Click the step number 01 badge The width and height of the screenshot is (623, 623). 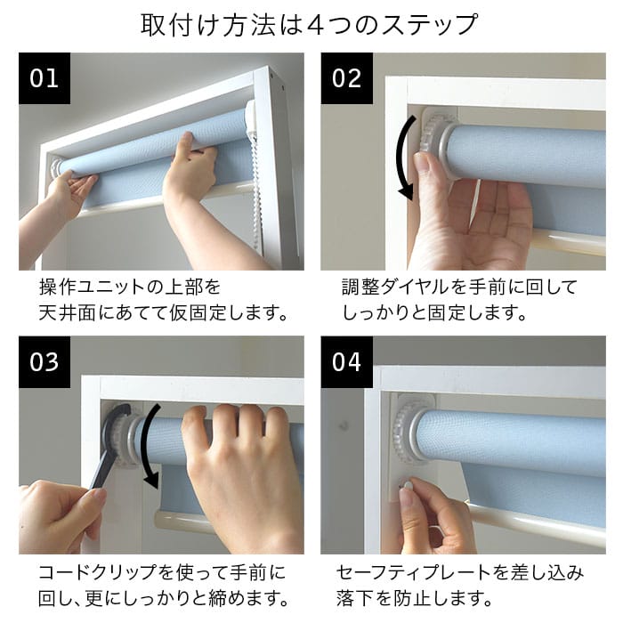44,78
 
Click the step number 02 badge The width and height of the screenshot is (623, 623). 347,78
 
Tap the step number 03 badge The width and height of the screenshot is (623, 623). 44,362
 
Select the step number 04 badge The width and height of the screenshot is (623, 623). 347,362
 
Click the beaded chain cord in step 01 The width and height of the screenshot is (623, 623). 256,190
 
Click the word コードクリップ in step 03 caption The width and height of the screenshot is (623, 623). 97,572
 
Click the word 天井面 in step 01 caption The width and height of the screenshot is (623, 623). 68,313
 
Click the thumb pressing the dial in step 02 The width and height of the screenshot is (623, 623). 426,166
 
